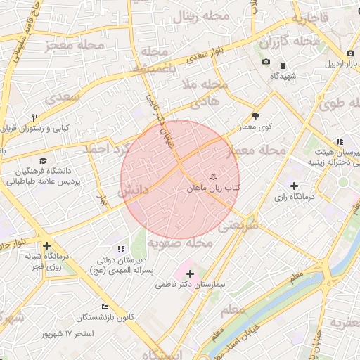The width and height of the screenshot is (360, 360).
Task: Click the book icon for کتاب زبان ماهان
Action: [214, 175]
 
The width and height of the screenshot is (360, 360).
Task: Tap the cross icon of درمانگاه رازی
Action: [294, 186]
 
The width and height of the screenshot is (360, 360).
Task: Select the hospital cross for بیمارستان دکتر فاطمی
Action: [189, 272]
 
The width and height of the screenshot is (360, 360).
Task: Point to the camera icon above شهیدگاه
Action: [266, 62]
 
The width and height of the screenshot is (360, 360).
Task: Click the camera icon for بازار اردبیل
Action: [350, 53]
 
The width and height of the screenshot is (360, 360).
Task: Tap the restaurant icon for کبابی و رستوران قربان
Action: [34, 117]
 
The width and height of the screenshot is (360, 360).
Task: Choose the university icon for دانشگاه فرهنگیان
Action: [43, 161]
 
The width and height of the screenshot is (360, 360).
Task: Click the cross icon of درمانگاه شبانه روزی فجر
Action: [46, 246]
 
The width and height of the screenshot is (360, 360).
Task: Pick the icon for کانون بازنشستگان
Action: [105, 307]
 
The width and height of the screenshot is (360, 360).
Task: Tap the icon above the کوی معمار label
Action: [255, 117]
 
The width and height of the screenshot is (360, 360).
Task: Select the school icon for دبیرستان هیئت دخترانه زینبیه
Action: [340, 141]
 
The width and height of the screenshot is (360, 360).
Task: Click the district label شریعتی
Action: [238, 226]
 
